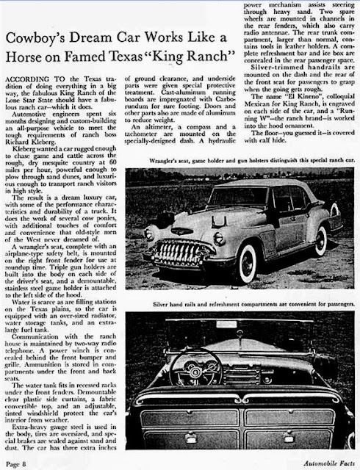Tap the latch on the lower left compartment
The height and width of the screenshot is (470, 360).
point(189,424)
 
